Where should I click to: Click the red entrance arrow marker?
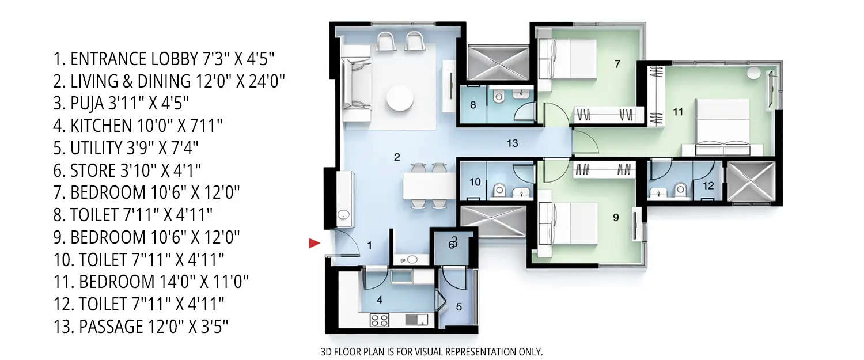pos(314,243)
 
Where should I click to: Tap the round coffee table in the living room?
pos(400,98)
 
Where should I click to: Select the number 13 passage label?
pos(512,143)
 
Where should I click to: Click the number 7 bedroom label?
pos(617,64)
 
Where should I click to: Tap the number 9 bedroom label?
pos(616,218)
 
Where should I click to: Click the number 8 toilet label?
pos(473,105)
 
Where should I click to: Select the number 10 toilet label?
pos(474,182)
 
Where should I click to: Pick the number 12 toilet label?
pos(708,185)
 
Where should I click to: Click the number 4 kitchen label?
pos(379,300)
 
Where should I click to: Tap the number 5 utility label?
pos(458,306)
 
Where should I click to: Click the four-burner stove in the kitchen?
pos(379,319)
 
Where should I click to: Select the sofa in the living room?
pos(355,84)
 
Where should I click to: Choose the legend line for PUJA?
pos(121,103)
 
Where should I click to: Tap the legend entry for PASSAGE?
pos(141,327)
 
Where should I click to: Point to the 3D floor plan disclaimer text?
pos(431,351)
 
